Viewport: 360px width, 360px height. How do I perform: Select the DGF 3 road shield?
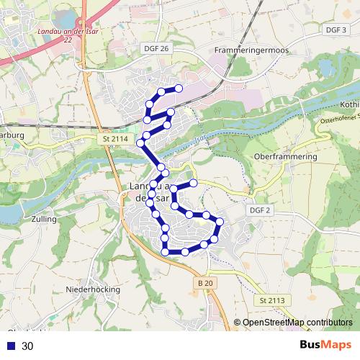(336, 30)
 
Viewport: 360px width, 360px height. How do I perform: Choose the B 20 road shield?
(205, 284)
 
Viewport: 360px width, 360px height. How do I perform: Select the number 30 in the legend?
(27, 346)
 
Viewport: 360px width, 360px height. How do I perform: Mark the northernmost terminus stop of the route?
(178, 89)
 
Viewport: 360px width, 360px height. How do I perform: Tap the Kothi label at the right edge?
(349, 104)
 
